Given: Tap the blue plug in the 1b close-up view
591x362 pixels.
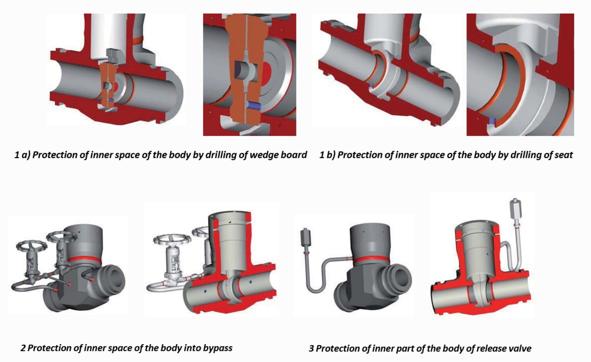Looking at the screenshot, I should [492, 121].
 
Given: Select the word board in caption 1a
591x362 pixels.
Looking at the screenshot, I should [295, 155].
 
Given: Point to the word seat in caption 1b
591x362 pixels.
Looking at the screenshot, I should [563, 155].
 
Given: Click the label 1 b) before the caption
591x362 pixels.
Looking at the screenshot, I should [327, 155].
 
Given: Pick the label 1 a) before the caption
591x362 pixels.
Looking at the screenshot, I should [22, 155].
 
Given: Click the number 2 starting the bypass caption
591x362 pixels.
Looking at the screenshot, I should [23, 348].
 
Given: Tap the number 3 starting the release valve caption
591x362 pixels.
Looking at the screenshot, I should [311, 348].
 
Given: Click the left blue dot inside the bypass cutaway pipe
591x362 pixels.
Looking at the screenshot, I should [205, 292].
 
